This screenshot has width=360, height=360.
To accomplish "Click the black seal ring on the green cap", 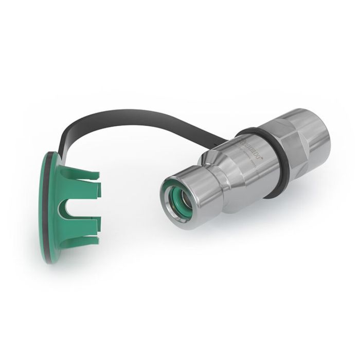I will click(x=45, y=206).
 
